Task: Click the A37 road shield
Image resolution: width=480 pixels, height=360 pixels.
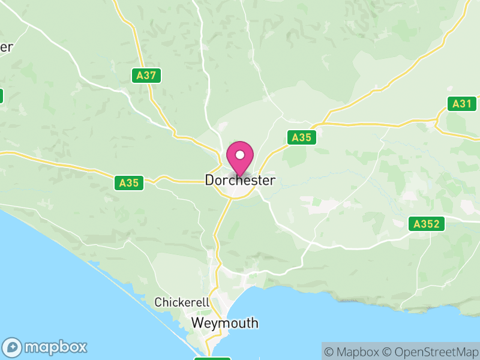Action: point(146,76)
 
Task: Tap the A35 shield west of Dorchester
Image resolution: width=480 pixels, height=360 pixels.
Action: point(129,183)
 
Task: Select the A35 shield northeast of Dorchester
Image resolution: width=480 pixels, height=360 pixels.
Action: point(301,137)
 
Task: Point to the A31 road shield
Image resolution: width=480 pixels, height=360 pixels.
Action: point(462,104)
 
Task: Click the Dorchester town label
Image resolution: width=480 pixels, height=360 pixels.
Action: point(240,180)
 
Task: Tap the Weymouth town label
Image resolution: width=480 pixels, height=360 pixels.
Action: point(225,323)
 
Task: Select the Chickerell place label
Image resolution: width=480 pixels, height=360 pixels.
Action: point(181,302)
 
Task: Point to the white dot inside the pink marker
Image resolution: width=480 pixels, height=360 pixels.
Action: point(240,155)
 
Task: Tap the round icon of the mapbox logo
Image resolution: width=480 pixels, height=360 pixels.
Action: point(13,347)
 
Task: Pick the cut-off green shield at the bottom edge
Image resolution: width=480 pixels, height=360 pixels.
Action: point(212,358)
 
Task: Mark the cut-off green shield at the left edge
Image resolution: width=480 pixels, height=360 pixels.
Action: point(1,96)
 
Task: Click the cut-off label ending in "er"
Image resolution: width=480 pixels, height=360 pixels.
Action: point(6,47)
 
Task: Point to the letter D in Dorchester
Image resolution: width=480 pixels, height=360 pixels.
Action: point(209,180)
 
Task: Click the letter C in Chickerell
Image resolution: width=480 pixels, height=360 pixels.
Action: point(158,302)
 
